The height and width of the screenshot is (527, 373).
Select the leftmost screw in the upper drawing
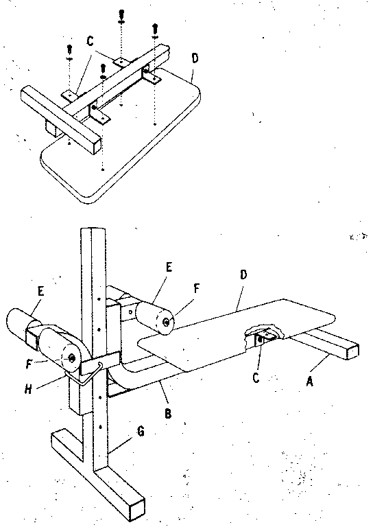(x=69, y=51)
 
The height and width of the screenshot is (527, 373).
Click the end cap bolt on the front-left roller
(x=71, y=358)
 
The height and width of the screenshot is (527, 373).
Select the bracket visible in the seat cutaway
(x=263, y=338)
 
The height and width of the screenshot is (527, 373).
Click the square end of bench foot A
(x=350, y=351)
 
